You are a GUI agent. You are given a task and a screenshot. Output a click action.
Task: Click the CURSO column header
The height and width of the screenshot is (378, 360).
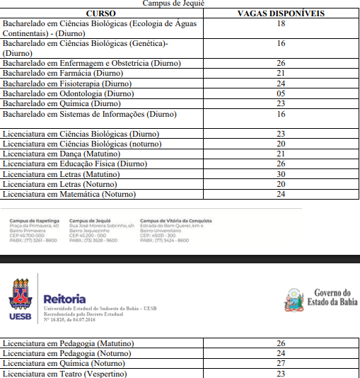coord(100,13)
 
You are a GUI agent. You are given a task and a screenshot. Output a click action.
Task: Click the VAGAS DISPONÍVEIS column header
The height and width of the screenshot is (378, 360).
coord(281,13)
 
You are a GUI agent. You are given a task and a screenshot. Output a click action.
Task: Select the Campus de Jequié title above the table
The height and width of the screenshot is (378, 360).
coord(174,4)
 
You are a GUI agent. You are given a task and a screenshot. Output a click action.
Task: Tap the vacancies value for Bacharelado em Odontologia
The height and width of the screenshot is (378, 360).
coord(281,93)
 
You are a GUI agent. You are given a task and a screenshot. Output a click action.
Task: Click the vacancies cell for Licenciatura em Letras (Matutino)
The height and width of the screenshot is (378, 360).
coord(281,174)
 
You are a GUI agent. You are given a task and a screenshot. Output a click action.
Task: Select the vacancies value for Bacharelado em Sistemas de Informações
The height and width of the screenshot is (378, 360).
coord(281,114)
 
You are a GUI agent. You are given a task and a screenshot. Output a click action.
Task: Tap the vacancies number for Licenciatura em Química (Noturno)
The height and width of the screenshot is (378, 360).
coord(281,363)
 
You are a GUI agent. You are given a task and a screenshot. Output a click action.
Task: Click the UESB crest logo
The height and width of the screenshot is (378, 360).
coord(21,298)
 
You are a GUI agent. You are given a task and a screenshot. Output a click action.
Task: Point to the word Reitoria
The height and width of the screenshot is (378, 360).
coord(64,299)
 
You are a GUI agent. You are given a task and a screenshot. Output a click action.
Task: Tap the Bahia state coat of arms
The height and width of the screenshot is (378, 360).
coord(294,300)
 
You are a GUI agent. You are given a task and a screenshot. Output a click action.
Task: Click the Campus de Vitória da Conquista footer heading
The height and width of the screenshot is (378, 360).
coord(175,221)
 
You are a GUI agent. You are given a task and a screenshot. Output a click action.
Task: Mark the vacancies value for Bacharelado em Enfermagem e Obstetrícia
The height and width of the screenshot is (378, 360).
coord(281,63)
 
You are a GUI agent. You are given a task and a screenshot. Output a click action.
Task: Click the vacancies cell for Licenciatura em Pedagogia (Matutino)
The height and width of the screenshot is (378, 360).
coord(281,343)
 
